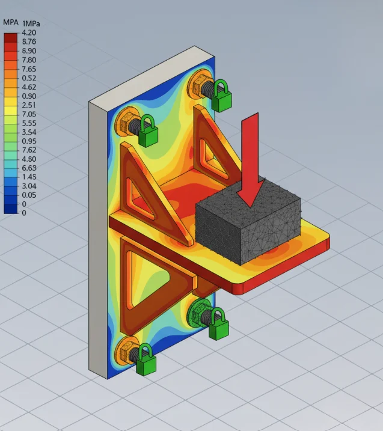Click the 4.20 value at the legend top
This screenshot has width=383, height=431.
click(x=29, y=33)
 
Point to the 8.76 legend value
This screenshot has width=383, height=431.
click(x=29, y=42)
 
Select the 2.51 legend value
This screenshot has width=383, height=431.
click(x=29, y=105)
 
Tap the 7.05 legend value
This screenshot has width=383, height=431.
click(x=29, y=114)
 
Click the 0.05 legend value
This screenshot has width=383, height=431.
click(x=29, y=195)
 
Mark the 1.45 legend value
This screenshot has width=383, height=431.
click(x=29, y=177)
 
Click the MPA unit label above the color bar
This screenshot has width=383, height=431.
click(x=10, y=22)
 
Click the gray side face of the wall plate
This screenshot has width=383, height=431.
click(x=97, y=240)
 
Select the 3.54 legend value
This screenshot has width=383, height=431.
click(x=29, y=132)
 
